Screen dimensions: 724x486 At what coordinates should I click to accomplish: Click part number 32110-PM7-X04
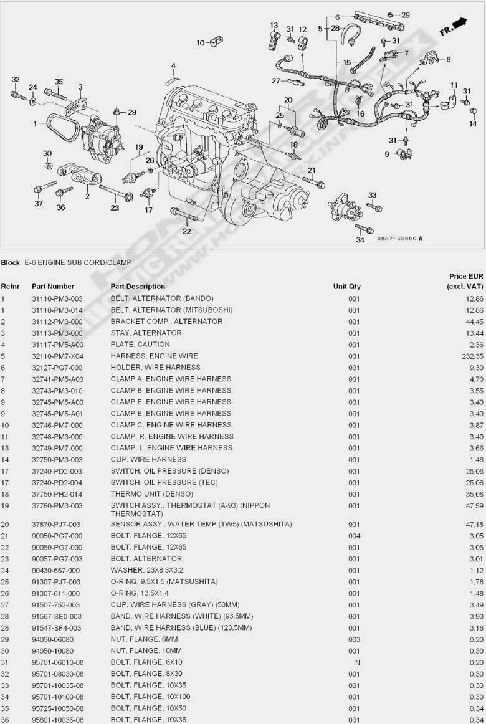coord(57,356)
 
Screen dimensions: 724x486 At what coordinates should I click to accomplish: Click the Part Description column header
coord(138,287)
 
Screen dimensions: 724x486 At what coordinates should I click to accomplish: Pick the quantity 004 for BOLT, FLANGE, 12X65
coord(354,535)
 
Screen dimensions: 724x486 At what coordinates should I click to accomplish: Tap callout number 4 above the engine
coord(173,66)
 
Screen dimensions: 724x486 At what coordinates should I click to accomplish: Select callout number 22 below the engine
coord(186,231)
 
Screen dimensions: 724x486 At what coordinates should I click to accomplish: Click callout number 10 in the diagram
coord(201,43)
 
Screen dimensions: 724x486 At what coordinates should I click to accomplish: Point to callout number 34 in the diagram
coord(360,239)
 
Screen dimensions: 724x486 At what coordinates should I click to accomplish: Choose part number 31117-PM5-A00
coord(57,345)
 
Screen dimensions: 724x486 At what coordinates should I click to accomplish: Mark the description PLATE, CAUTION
coord(140,345)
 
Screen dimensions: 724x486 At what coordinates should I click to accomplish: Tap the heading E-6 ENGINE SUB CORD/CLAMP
coord(78,262)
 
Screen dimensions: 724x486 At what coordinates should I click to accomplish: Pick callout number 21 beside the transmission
coord(311,170)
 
